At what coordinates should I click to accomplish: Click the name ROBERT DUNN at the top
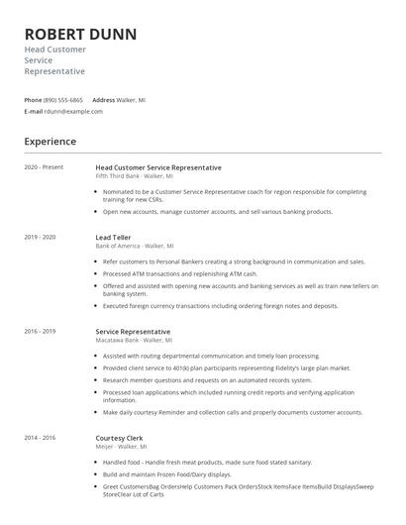[x=80, y=34]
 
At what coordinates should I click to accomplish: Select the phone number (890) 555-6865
[x=64, y=100]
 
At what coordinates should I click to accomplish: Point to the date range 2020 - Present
[x=44, y=167]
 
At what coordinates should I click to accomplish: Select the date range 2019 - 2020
[x=40, y=237]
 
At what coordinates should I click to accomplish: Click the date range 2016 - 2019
[x=40, y=331]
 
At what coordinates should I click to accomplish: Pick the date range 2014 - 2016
[x=40, y=437]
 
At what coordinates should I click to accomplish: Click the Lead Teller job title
[x=114, y=238]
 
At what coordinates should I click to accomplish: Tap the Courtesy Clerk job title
[x=120, y=437]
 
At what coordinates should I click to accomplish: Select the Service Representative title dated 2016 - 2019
[x=133, y=331]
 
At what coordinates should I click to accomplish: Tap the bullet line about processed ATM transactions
[x=180, y=273]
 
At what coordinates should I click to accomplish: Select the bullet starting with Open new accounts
[x=218, y=211]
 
